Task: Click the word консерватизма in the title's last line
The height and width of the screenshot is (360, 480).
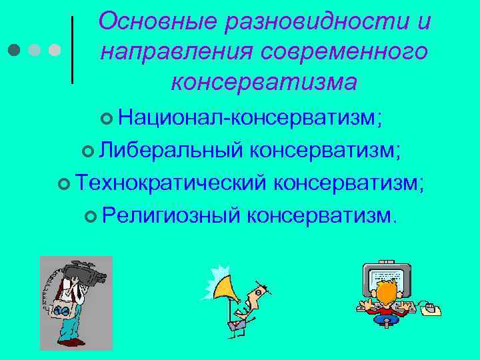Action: (264, 81)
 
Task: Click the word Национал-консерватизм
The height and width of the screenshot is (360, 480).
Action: (249, 119)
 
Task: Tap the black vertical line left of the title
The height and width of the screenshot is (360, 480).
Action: (72, 50)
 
